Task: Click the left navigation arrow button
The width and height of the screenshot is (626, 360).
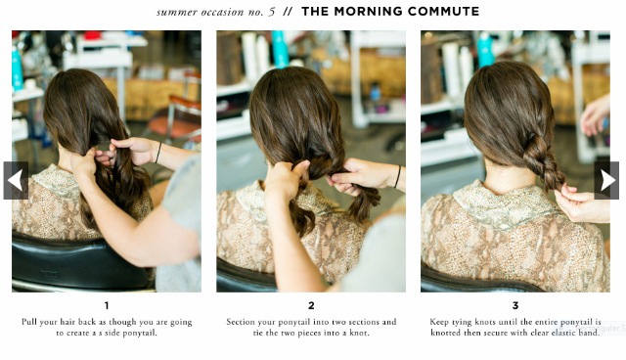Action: coord(16,180)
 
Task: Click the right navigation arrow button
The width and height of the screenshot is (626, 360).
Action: coord(606,180)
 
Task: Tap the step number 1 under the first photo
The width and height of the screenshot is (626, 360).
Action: coord(107,306)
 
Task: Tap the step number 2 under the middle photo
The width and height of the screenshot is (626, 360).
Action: coord(311,306)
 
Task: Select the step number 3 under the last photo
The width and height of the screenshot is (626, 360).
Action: coord(515,306)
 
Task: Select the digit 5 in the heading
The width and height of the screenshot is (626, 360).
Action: coord(272,12)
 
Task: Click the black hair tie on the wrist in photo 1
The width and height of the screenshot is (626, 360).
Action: coord(158,152)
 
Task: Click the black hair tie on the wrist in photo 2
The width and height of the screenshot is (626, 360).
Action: coord(397,176)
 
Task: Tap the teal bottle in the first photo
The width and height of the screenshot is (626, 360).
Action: coord(17,68)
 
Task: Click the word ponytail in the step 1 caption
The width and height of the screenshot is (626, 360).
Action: coord(141,333)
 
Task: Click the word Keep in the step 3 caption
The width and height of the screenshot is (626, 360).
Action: coord(439,322)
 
